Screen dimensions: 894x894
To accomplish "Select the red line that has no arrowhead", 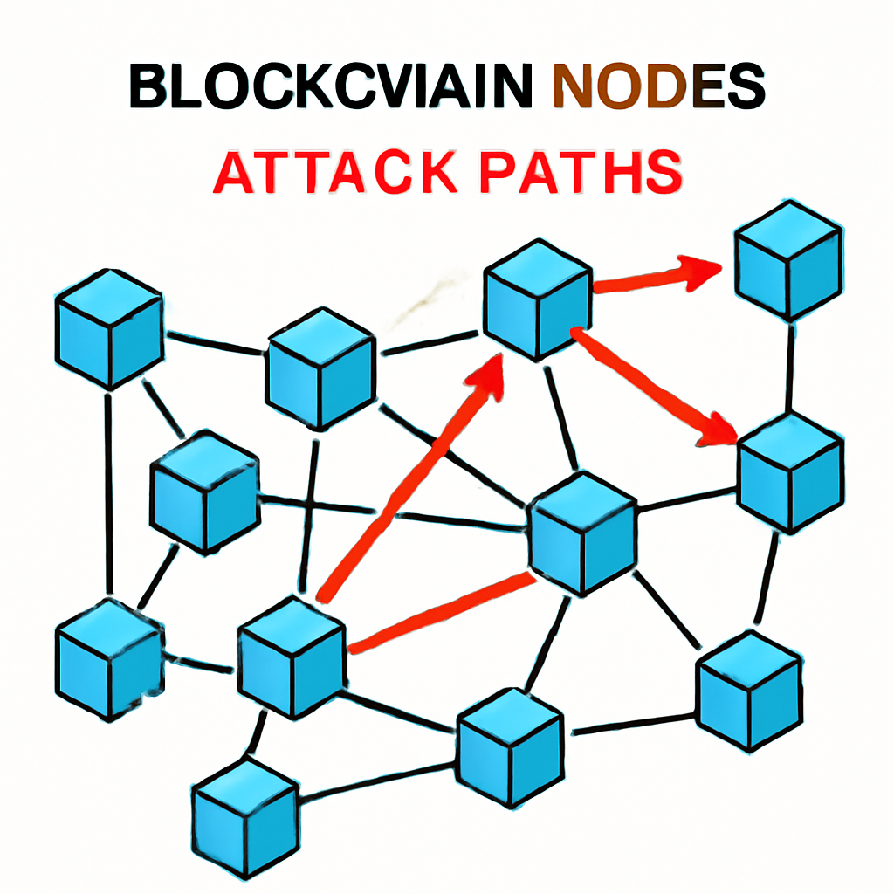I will tap(441, 612).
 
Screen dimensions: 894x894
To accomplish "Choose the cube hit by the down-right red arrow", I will tap(790, 471).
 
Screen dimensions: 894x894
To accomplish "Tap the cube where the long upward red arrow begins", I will tap(292, 657).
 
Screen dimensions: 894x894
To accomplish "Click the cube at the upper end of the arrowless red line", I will tap(582, 533).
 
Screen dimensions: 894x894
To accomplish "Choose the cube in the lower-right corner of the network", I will tap(749, 690).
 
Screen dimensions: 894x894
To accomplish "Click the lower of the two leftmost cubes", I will tap(109, 659).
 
